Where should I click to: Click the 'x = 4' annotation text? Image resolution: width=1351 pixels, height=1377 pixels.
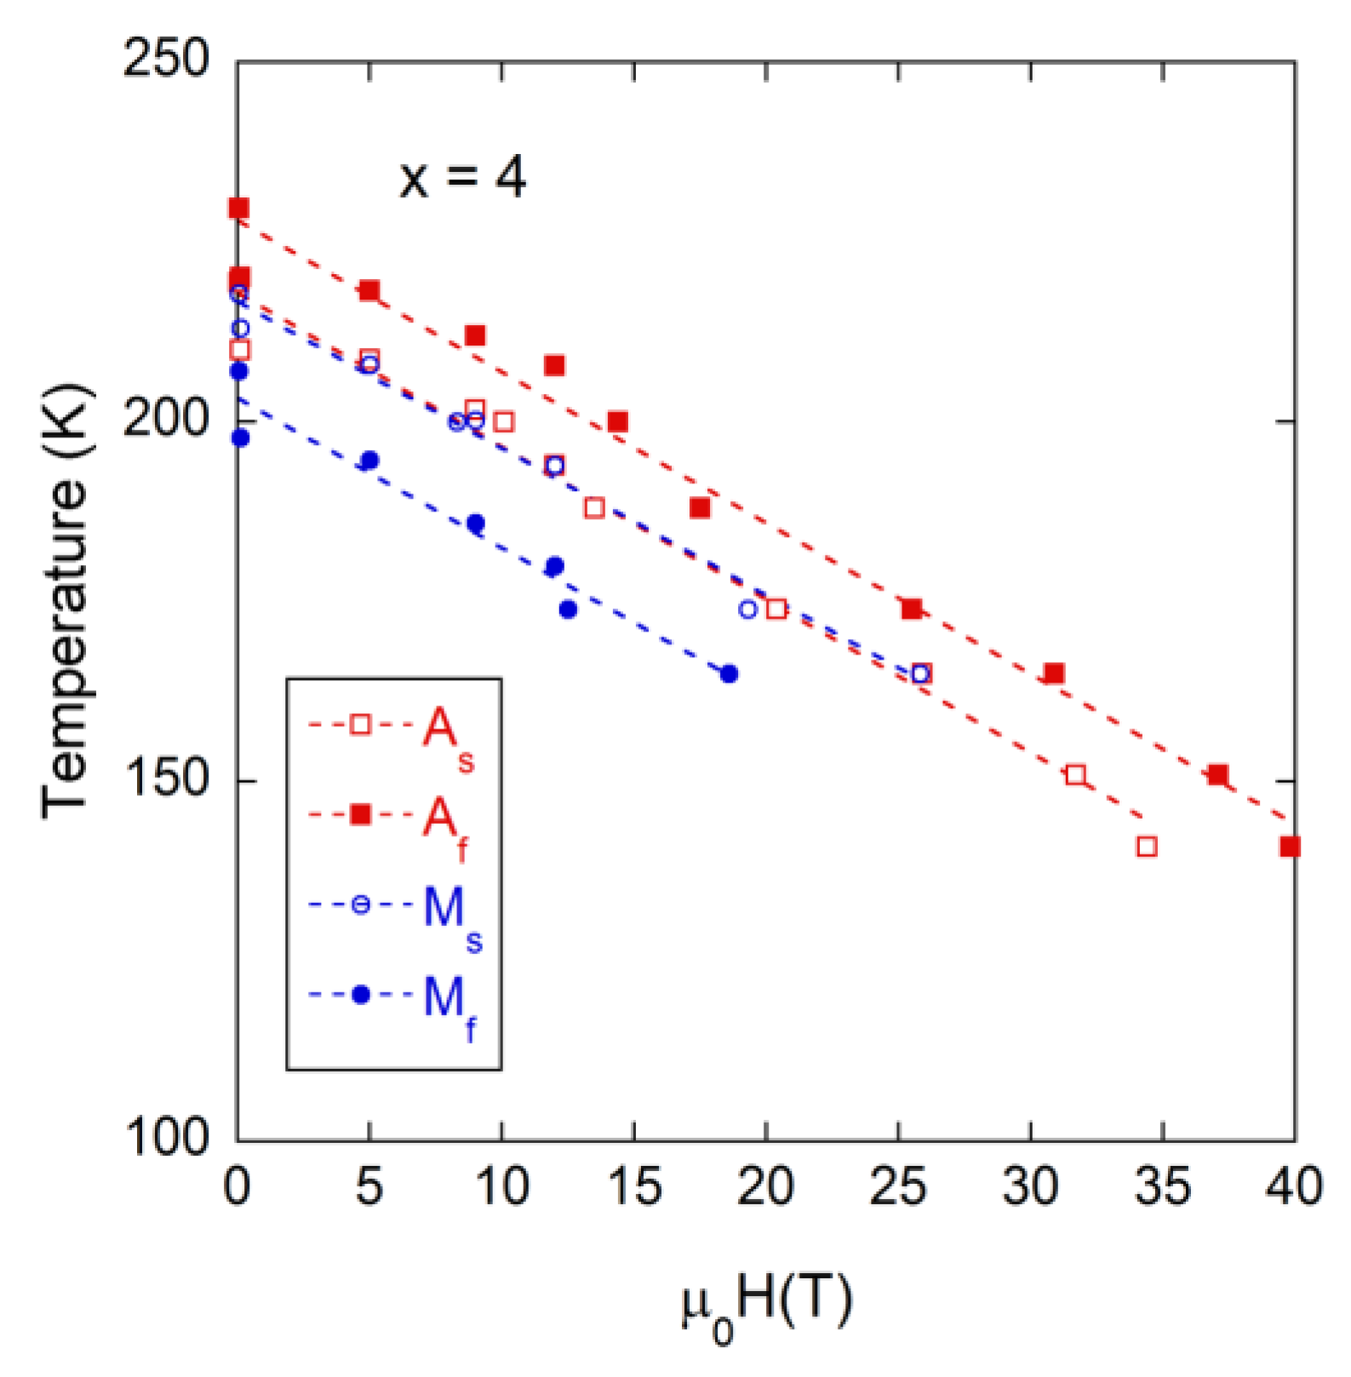pyautogui.click(x=462, y=177)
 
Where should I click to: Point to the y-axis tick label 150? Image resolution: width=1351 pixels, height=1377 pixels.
pyautogui.click(x=166, y=779)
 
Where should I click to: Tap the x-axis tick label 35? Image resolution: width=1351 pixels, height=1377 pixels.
pyautogui.click(x=1162, y=1186)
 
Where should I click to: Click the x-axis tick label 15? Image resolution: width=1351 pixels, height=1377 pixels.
pyautogui.click(x=634, y=1186)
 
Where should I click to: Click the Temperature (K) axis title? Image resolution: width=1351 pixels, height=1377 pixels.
pyautogui.click(x=65, y=600)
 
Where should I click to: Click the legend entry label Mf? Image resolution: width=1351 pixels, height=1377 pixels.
pyautogui.click(x=450, y=1003)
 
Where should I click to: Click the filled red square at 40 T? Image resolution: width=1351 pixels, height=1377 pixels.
pyautogui.click(x=1290, y=847)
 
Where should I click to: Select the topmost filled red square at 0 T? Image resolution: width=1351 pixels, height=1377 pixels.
pyautogui.click(x=239, y=208)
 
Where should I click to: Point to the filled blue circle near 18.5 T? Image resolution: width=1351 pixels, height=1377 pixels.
pyautogui.click(x=729, y=674)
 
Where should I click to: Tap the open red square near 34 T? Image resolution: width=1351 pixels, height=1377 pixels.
pyautogui.click(x=1147, y=847)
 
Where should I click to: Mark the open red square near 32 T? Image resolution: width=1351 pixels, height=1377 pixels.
pyautogui.click(x=1076, y=774)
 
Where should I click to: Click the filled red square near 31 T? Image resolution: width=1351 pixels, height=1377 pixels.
pyautogui.click(x=1054, y=674)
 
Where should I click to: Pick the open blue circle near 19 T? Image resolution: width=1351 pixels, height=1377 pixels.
pyautogui.click(x=748, y=609)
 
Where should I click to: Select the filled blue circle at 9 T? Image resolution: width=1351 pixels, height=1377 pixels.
pyautogui.click(x=476, y=523)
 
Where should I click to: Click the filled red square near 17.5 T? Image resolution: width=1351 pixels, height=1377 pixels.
pyautogui.click(x=700, y=508)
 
